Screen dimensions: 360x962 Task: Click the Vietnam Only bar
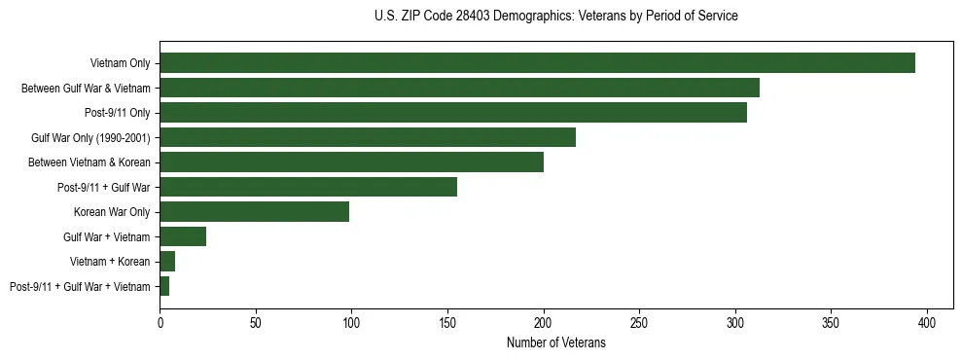coord(537,63)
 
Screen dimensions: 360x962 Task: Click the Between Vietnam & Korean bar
coord(351,162)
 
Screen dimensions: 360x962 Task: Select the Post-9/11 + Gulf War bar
coord(308,187)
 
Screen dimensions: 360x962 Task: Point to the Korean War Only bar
coord(254,211)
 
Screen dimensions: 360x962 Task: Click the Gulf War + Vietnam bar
coord(183,236)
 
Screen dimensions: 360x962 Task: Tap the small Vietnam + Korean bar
coord(167,261)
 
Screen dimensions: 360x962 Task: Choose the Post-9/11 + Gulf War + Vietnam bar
coord(164,286)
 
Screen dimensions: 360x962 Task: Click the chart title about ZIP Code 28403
coord(555,17)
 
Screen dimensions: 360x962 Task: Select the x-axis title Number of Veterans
coord(555,342)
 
